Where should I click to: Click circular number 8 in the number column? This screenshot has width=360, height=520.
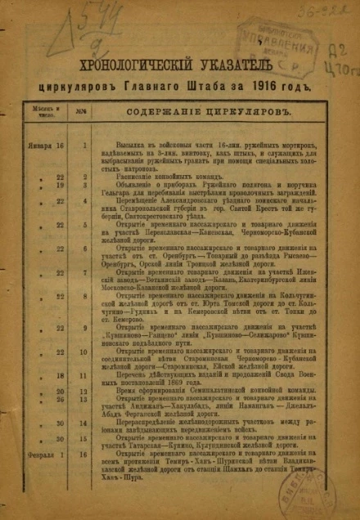point(84,297)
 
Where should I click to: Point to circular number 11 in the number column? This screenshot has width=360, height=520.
point(84,376)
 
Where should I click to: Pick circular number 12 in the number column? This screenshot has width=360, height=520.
point(84,392)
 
